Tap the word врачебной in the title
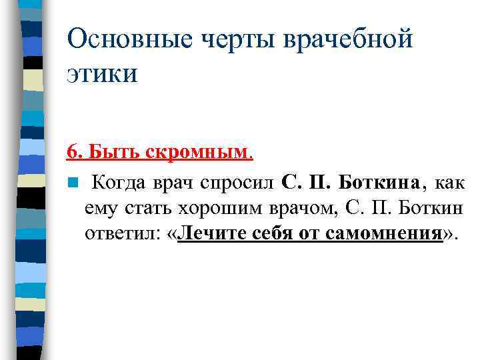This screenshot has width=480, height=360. (349, 39)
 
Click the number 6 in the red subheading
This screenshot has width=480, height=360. (71, 153)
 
